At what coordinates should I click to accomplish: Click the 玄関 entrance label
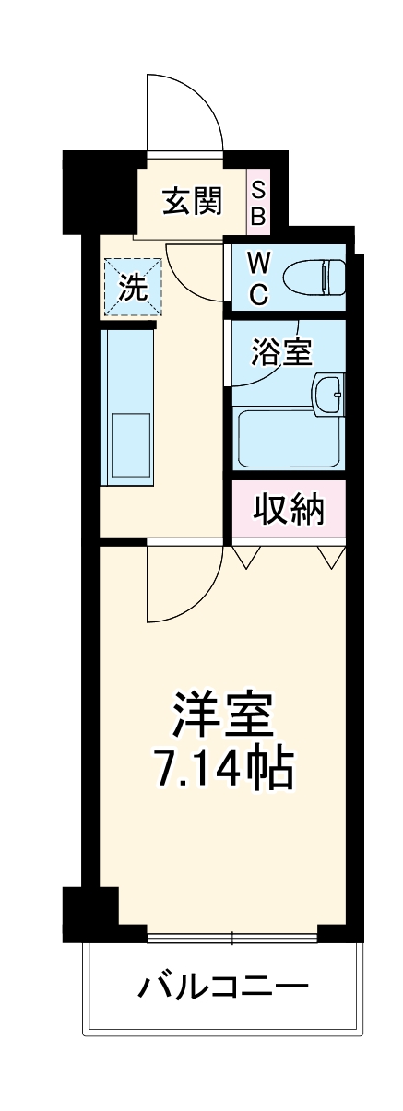(x=192, y=201)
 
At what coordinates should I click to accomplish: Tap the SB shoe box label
(x=258, y=204)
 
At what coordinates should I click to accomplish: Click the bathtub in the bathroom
(x=290, y=439)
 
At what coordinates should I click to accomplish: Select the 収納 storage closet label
(x=289, y=508)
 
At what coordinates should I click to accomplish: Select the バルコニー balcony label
(x=222, y=989)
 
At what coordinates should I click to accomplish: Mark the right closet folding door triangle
(x=330, y=555)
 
